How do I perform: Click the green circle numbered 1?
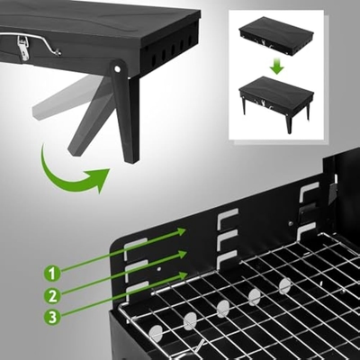coord(52,274)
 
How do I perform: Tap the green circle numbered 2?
coord(52,296)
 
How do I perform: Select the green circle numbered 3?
coord(52,318)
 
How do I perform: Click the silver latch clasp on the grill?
coord(23,49)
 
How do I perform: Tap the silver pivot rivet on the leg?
coord(117,69)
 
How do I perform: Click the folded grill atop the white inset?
coord(276,37)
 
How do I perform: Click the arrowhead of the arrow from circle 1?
coord(181,232)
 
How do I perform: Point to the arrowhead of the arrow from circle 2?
coord(182,255)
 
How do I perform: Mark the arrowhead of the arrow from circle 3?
coord(183,275)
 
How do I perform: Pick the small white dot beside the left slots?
coord(159,269)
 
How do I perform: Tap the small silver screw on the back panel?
coord(291,223)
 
